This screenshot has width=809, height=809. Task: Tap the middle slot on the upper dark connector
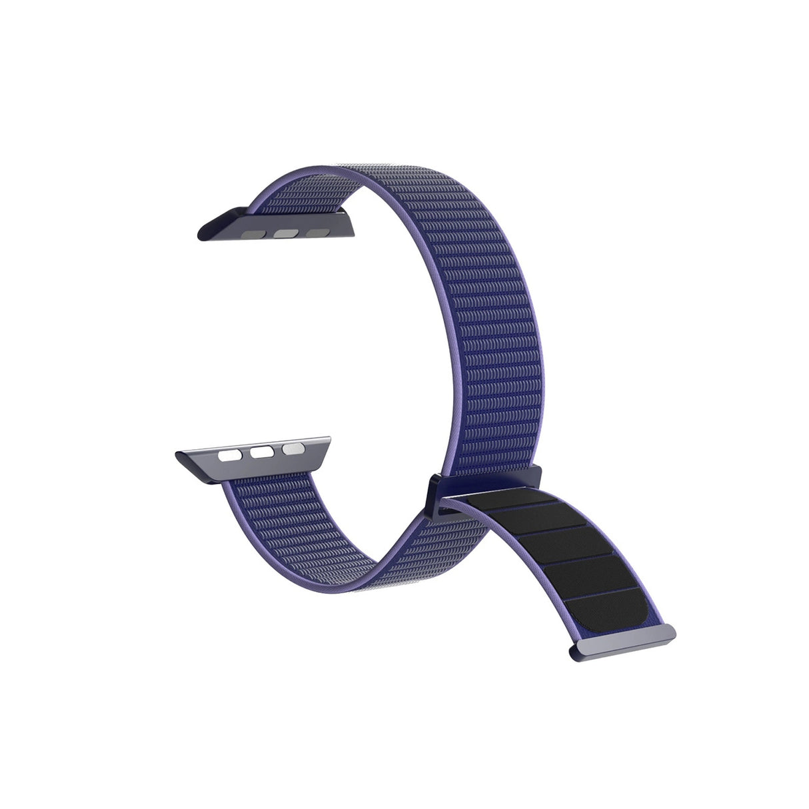(x=286, y=234)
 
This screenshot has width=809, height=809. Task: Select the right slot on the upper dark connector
(x=317, y=233)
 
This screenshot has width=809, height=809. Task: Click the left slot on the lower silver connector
(x=230, y=457)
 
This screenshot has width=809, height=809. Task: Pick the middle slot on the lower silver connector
(x=261, y=452)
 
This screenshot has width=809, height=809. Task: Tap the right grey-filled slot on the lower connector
(x=292, y=448)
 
